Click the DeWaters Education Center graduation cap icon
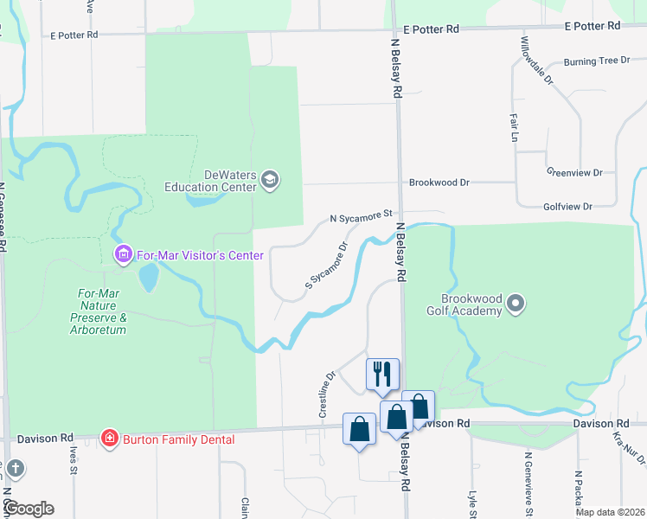click(x=270, y=179)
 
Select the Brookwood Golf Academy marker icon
click(x=516, y=304)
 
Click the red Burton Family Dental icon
click(x=110, y=439)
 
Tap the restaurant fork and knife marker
click(x=382, y=374)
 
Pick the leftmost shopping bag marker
click(x=359, y=429)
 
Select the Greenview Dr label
click(x=574, y=173)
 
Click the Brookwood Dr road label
click(x=439, y=183)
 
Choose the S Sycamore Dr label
click(x=326, y=266)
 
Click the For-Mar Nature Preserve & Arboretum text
click(x=99, y=311)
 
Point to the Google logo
click(x=29, y=508)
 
